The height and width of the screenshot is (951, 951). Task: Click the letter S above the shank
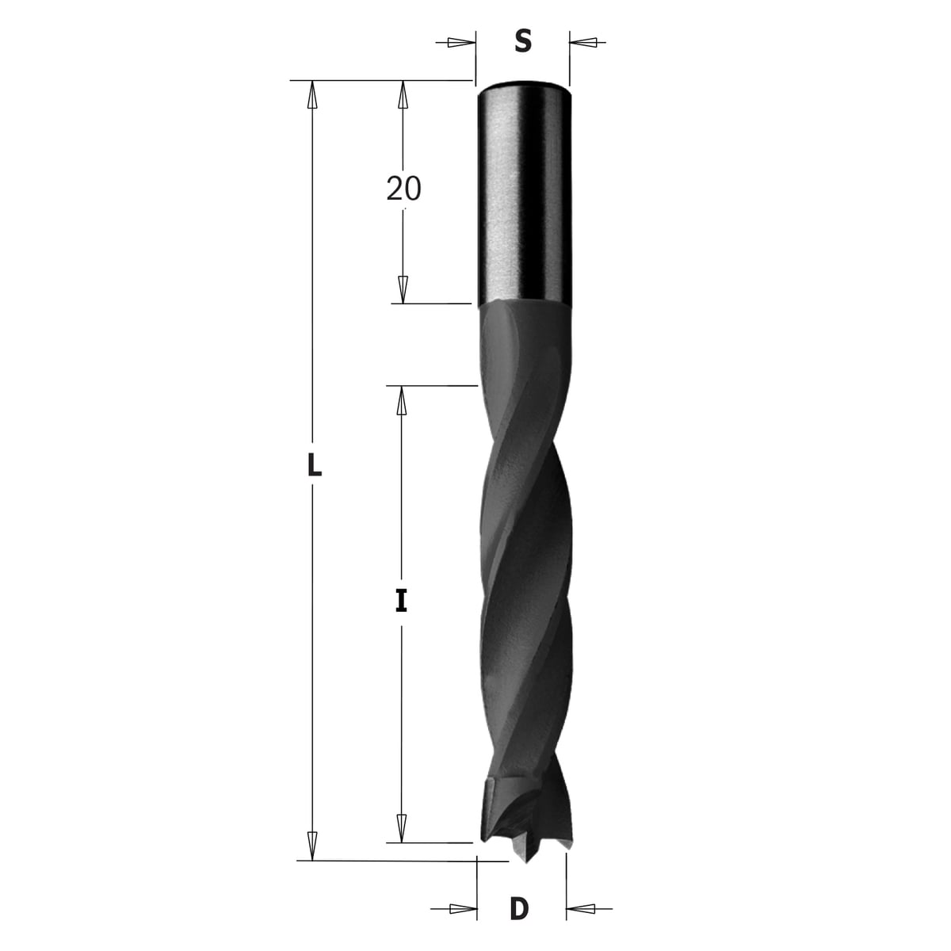pyautogui.click(x=522, y=41)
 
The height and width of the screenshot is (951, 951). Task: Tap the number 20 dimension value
pyautogui.click(x=403, y=189)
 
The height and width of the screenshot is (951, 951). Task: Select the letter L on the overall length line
pyautogui.click(x=314, y=465)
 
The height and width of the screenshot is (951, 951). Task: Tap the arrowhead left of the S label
pyautogui.click(x=461, y=43)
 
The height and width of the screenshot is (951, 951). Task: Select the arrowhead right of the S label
pyautogui.click(x=583, y=43)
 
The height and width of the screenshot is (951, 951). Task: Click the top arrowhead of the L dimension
pyautogui.click(x=311, y=94)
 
